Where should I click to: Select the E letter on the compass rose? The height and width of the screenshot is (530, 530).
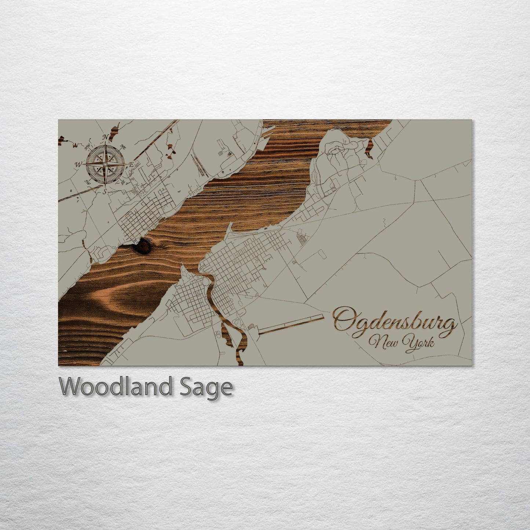click(131, 165)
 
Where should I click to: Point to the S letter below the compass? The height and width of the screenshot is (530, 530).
click(105, 191)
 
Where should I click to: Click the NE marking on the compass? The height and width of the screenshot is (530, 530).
click(123, 147)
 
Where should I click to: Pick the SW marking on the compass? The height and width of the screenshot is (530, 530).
click(88, 182)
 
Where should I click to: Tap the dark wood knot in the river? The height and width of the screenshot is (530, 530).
click(142, 246)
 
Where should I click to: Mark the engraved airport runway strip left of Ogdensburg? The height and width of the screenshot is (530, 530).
click(292, 324)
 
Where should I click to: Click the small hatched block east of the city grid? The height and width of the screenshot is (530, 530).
click(302, 241)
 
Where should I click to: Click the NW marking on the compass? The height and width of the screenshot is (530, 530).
click(88, 147)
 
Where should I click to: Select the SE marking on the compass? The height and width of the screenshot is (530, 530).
click(123, 182)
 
